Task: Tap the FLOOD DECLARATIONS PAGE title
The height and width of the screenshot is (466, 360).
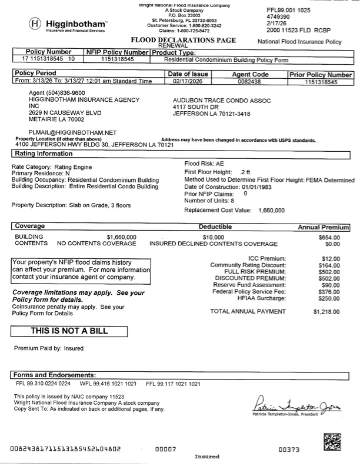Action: click(x=183, y=40)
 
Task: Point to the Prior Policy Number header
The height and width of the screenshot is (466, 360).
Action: click(x=321, y=75)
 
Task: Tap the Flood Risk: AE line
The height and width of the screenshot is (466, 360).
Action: click(x=204, y=163)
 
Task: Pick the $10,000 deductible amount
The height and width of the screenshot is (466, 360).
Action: click(x=214, y=237)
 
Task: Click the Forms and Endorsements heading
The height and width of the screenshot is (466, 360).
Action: click(x=55, y=375)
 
